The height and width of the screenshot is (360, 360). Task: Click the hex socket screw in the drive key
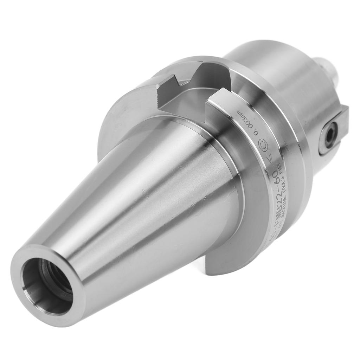click(x=330, y=135)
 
